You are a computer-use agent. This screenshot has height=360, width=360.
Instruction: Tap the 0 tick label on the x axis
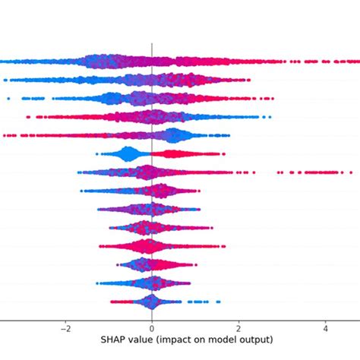tap(152, 328)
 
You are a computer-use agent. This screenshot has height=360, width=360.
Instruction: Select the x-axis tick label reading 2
tap(238, 328)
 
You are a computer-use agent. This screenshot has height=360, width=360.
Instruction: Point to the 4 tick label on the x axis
tap(325, 328)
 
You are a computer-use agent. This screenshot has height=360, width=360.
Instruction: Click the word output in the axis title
tap(256, 339)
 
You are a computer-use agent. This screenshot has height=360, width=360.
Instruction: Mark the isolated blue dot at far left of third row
tap(8, 98)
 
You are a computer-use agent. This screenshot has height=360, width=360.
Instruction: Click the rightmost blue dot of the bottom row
tap(219, 302)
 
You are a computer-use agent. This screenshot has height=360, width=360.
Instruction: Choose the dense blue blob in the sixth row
tap(128, 154)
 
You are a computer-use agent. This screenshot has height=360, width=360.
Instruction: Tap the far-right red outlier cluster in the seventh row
tap(331, 172)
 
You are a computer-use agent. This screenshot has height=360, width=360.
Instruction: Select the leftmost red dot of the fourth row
tap(28, 117)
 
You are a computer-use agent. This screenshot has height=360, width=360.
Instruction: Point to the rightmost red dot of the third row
tap(272, 98)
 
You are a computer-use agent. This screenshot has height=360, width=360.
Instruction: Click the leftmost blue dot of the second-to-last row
tap(98, 283)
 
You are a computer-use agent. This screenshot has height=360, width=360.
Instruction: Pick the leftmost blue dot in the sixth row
tap(96, 154)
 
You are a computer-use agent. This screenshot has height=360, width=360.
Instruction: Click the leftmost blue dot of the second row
tap(5, 80)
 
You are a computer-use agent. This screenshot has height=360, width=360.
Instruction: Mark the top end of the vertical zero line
tap(152, 44)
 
